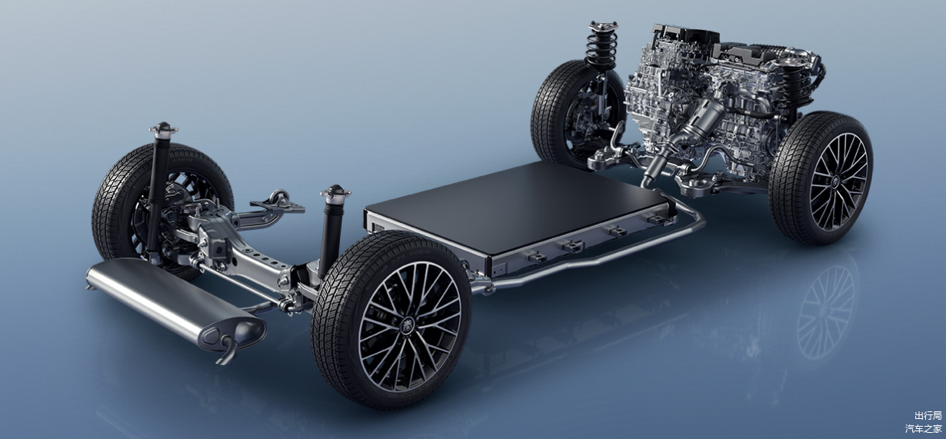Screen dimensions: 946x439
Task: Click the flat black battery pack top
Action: point(511,207)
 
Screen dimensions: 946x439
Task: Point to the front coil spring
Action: point(601,48)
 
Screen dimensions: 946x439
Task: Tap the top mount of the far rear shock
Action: point(163,128)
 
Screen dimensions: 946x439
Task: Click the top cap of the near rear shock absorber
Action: point(335,191)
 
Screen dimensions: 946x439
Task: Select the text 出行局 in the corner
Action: point(928,415)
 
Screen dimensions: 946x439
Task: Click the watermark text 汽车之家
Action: point(923,428)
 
